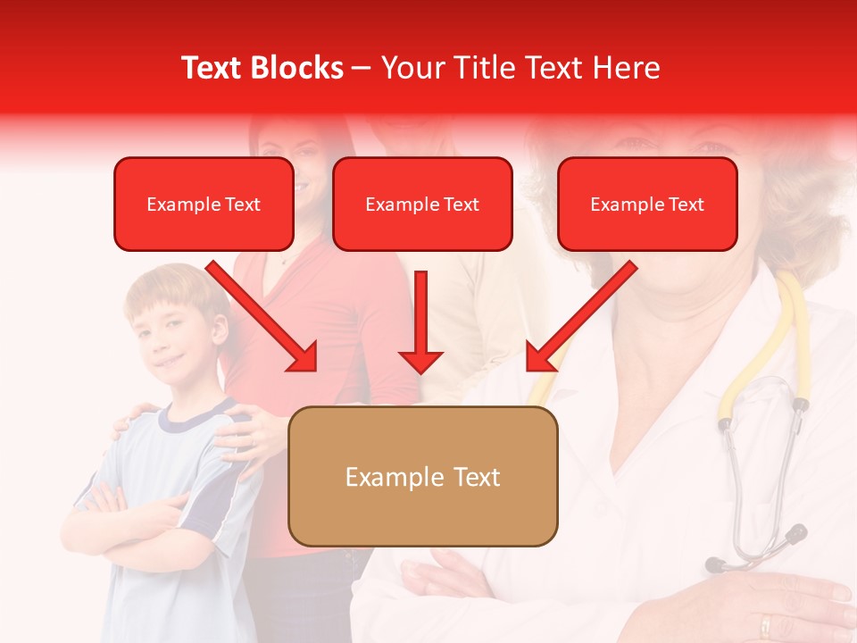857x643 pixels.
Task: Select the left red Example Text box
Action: pyautogui.click(x=204, y=205)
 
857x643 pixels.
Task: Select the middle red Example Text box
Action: pyautogui.click(x=422, y=205)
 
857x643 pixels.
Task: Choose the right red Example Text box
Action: pyautogui.click(x=647, y=205)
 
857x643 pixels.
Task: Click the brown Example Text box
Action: pyautogui.click(x=422, y=477)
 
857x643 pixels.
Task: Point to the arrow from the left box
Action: pyautogui.click(x=263, y=317)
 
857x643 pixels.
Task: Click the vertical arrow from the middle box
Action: pyautogui.click(x=420, y=321)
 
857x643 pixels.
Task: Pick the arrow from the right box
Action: pyautogui.click(x=580, y=317)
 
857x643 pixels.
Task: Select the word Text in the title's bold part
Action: pyautogui.click(x=212, y=68)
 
